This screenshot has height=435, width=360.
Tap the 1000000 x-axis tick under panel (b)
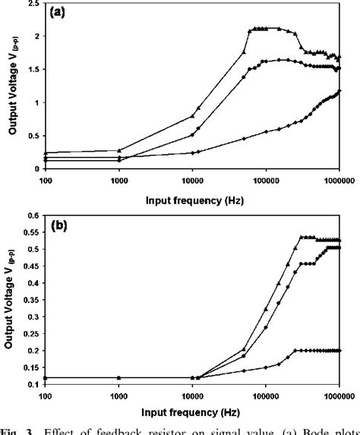[x=336, y=395]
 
